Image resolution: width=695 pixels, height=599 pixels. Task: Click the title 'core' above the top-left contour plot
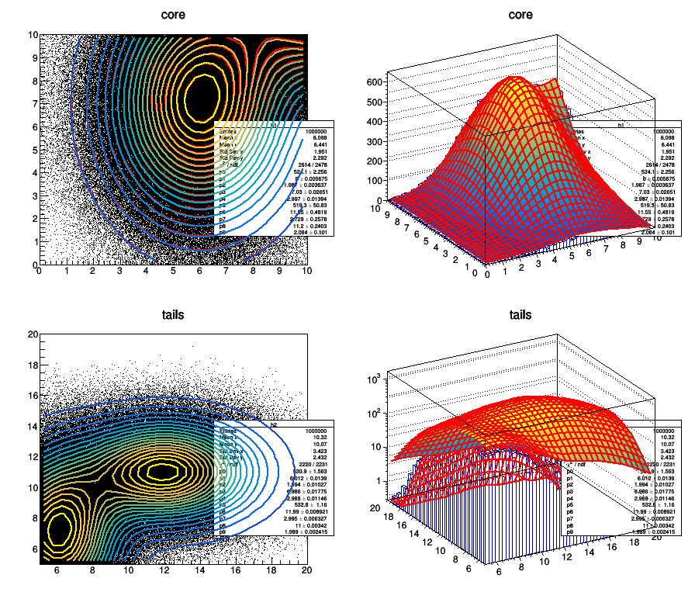[173, 15]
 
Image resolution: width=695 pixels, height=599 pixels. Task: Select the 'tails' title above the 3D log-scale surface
[520, 315]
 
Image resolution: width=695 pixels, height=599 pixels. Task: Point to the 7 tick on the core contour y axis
[33, 103]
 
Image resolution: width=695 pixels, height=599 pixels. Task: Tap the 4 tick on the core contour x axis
[146, 272]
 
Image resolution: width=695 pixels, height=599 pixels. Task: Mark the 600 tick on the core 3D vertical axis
[377, 81]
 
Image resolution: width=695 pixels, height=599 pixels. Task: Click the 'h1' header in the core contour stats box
[274, 124]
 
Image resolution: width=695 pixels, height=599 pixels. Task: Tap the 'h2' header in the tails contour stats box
[274, 424]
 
